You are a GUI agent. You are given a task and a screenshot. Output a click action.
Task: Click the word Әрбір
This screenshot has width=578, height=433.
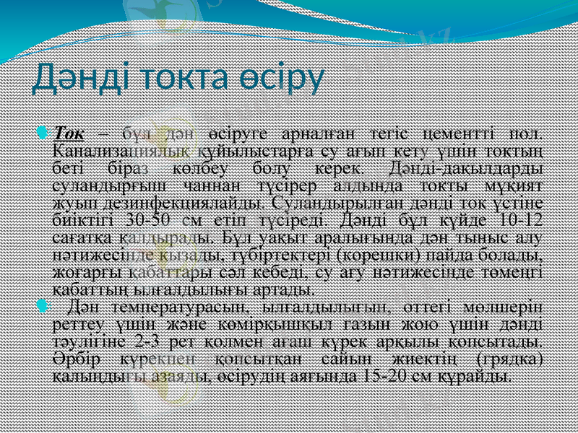tap(74, 359)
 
